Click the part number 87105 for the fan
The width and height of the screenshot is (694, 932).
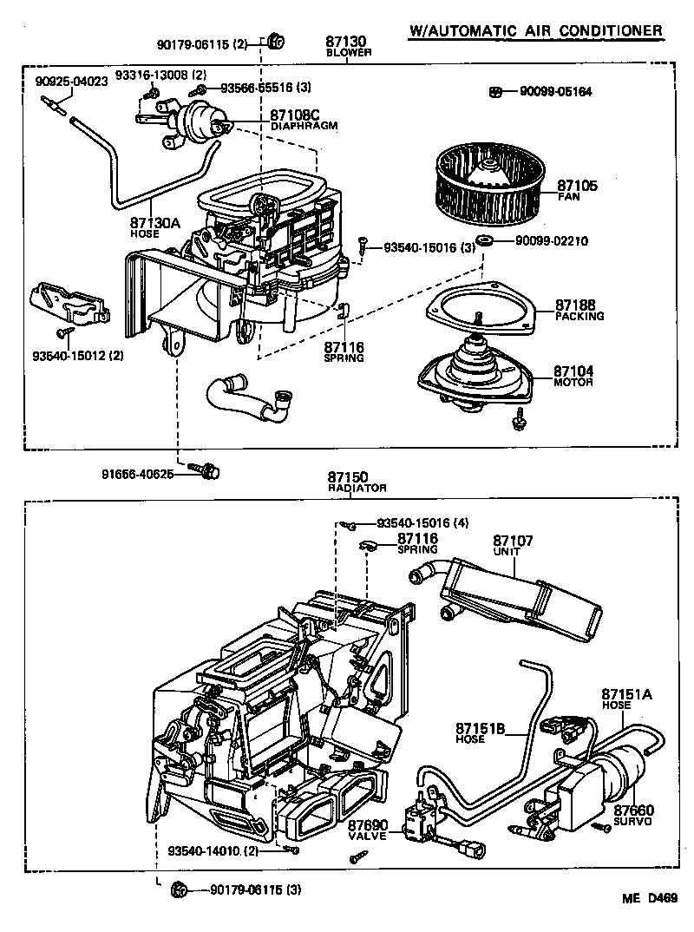(x=577, y=186)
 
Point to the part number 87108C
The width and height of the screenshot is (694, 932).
(x=295, y=115)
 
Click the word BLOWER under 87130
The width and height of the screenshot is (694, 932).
(x=349, y=52)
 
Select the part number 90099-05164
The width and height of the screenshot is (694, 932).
(x=555, y=91)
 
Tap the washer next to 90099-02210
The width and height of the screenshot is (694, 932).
(x=485, y=240)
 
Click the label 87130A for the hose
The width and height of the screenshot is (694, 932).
(x=155, y=223)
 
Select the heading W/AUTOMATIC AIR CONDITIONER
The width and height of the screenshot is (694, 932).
(x=536, y=31)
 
